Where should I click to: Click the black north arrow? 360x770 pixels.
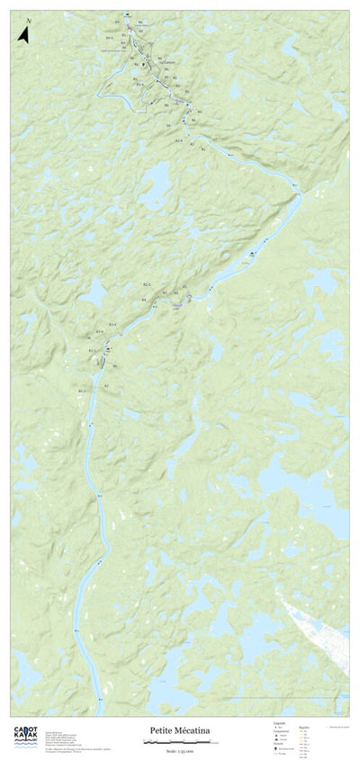(x=24, y=35)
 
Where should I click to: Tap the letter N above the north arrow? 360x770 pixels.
(x=28, y=20)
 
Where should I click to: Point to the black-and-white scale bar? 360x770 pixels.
(x=179, y=743)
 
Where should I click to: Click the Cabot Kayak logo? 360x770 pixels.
(x=24, y=735)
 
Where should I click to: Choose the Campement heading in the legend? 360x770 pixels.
(x=281, y=730)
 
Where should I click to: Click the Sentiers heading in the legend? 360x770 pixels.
(x=279, y=743)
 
